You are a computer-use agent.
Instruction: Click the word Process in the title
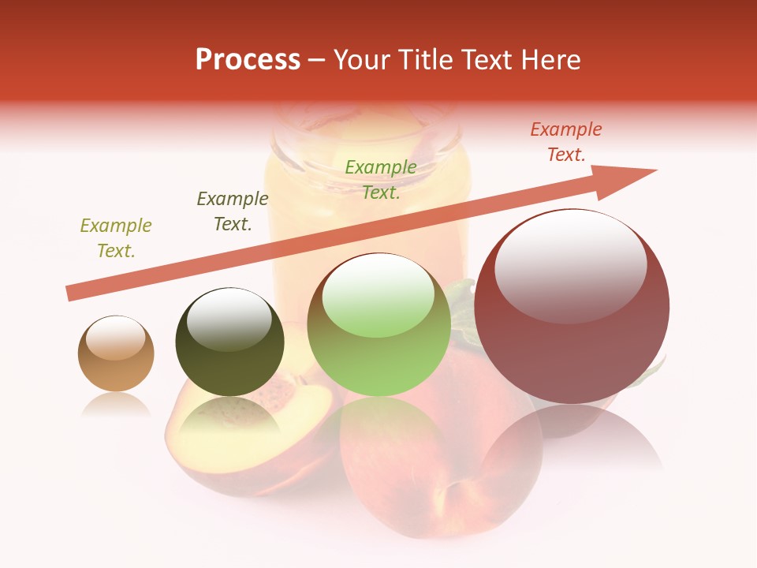(x=248, y=60)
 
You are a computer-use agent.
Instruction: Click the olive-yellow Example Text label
(x=116, y=238)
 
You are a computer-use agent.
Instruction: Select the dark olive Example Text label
(x=233, y=211)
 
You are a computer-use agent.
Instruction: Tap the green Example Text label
(x=381, y=179)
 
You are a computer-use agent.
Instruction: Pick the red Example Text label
(x=566, y=142)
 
